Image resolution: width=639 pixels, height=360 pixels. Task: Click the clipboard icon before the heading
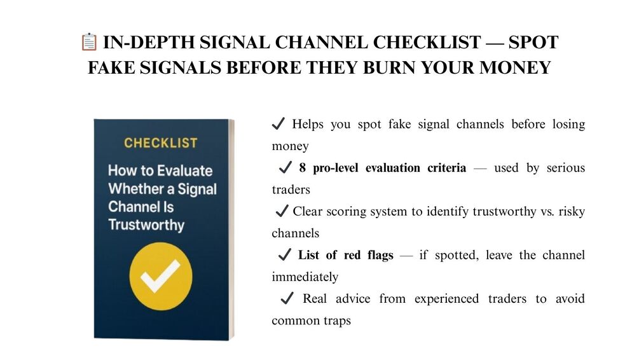click(x=89, y=42)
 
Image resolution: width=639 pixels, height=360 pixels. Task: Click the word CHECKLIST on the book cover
click(x=161, y=142)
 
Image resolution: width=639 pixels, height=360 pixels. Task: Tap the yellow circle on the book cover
click(x=161, y=276)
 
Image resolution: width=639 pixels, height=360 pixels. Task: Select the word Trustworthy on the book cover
click(x=146, y=225)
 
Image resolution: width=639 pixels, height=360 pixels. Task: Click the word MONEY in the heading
click(x=515, y=67)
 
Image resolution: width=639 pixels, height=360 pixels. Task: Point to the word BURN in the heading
click(x=388, y=67)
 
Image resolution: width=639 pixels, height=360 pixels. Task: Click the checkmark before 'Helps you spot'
click(x=278, y=123)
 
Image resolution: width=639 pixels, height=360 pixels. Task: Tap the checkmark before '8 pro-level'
click(x=285, y=167)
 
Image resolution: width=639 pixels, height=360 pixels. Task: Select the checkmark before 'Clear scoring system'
click(x=282, y=211)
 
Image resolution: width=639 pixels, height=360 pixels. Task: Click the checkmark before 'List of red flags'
click(x=284, y=254)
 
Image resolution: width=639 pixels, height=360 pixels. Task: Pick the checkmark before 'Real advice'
click(x=287, y=298)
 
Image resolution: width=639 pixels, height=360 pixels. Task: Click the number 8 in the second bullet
click(x=302, y=167)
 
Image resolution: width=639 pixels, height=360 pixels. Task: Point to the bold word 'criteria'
click(x=446, y=167)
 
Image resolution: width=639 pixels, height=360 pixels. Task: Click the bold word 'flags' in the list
click(x=380, y=255)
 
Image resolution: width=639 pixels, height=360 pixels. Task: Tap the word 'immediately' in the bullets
click(x=305, y=277)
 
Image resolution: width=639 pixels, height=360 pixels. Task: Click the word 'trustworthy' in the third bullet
click(x=504, y=212)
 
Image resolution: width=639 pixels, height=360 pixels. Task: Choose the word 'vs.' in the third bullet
click(x=547, y=212)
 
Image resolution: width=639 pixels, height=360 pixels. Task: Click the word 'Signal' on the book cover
click(x=197, y=189)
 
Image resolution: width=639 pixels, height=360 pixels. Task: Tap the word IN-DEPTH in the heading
click(x=149, y=43)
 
